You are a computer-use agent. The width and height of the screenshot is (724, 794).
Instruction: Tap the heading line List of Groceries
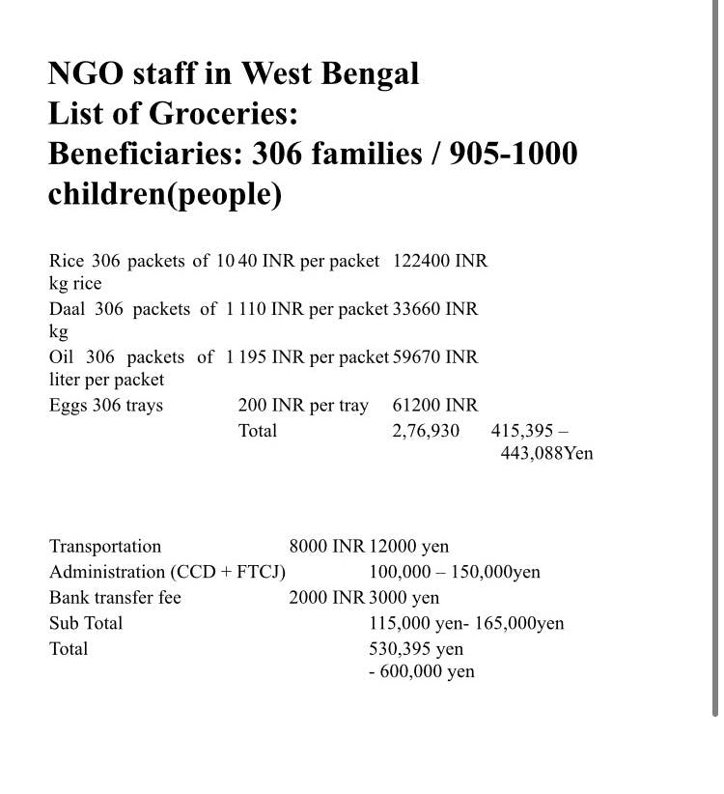point(173,114)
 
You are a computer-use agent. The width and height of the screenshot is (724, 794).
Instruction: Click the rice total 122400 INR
point(440,261)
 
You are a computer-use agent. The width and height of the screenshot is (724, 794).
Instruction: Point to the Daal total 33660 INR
point(435,309)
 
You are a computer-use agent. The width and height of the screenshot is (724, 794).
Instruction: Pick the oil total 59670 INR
point(435,357)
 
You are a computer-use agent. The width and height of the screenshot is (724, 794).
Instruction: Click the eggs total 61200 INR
point(435,406)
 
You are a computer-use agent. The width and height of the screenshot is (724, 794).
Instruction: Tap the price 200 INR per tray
point(303,406)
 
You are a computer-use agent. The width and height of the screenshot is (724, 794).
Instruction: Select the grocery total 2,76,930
point(426,431)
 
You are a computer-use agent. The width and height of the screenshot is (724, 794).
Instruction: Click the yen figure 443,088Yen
point(546,452)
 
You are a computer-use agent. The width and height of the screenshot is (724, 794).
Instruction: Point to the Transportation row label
point(105,547)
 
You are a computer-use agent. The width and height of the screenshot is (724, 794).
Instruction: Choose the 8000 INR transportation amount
point(326,547)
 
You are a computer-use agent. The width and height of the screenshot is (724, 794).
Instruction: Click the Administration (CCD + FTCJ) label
point(168,572)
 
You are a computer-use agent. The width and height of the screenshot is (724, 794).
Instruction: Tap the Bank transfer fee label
point(115,597)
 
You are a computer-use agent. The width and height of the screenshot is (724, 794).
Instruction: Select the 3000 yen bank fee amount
point(404,597)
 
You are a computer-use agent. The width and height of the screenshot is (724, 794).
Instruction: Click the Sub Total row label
point(86,623)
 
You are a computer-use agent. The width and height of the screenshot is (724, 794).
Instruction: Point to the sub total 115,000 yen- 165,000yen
point(466,623)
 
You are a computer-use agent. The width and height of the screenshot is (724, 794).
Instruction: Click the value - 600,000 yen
point(421,671)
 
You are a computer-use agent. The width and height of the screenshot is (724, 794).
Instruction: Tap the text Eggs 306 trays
point(106,406)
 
